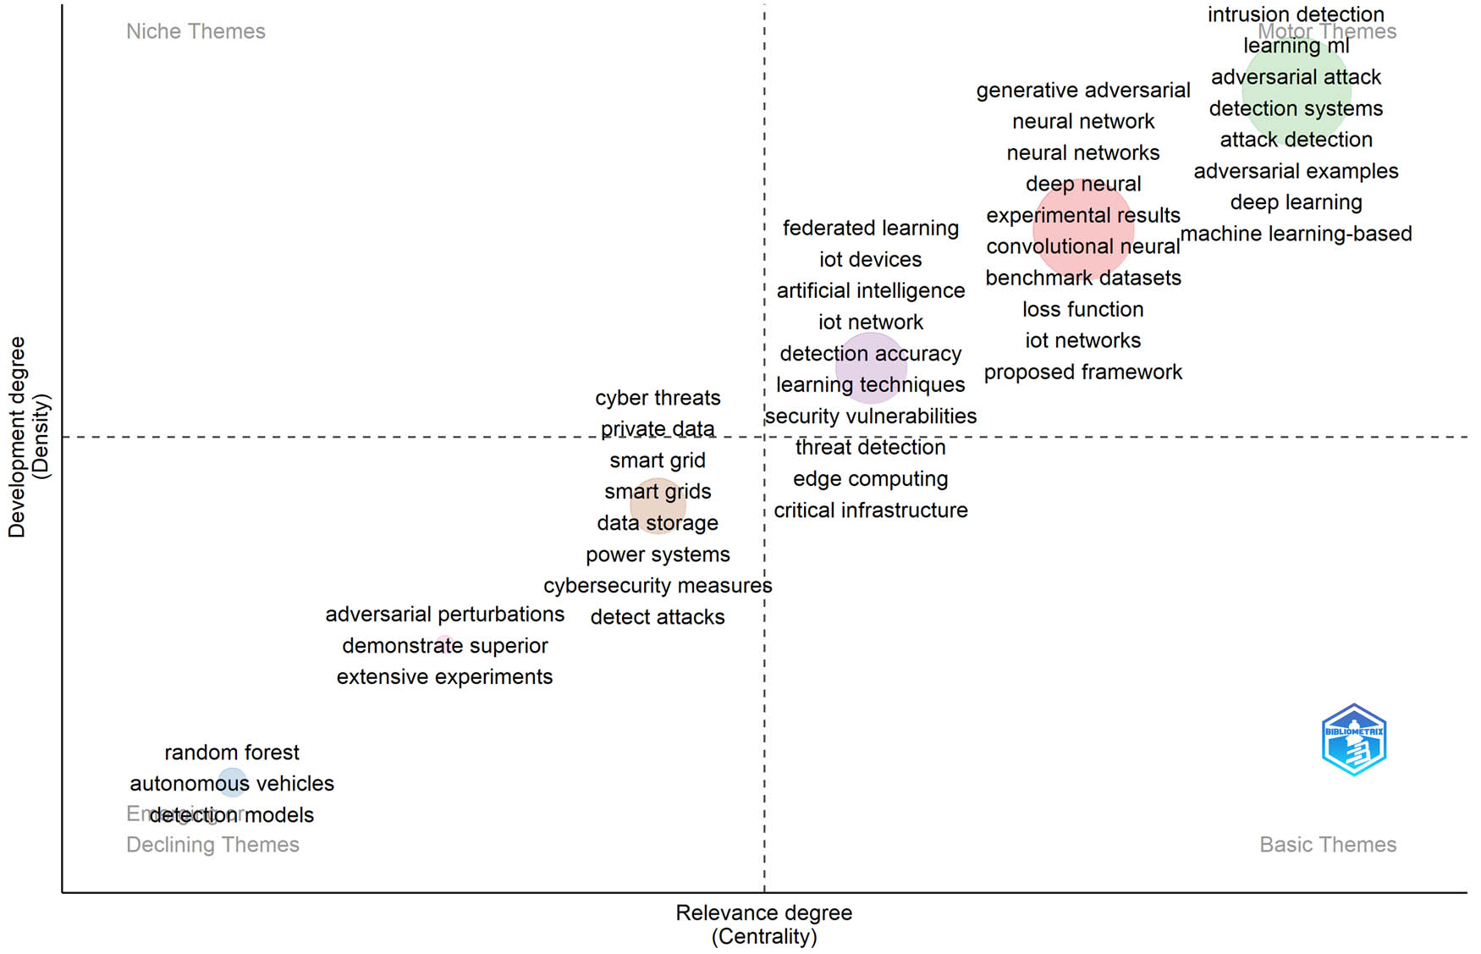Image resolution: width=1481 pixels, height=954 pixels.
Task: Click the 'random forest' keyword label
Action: pyautogui.click(x=232, y=753)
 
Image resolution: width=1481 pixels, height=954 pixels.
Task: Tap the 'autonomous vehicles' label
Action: pyautogui.click(x=232, y=784)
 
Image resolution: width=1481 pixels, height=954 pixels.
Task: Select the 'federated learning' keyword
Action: pyautogui.click(x=871, y=229)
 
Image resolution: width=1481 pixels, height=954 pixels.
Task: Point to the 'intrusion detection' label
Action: pyautogui.click(x=1296, y=14)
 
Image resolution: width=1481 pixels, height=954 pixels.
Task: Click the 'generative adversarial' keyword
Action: pyautogui.click(x=1083, y=91)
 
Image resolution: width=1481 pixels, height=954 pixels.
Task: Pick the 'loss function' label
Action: pyautogui.click(x=1083, y=310)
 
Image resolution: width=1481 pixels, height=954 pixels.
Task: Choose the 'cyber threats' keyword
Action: pyautogui.click(x=658, y=398)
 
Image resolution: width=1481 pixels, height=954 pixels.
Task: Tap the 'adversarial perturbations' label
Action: pyautogui.click(x=444, y=615)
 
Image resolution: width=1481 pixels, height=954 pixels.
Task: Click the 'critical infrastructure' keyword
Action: pyautogui.click(x=871, y=510)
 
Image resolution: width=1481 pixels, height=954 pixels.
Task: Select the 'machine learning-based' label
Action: pyautogui.click(x=1296, y=234)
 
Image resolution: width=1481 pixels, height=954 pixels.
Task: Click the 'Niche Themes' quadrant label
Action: pyautogui.click(x=195, y=31)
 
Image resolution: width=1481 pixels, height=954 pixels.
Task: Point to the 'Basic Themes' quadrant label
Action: pyautogui.click(x=1328, y=845)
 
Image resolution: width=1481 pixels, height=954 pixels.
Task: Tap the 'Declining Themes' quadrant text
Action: pyautogui.click(x=212, y=845)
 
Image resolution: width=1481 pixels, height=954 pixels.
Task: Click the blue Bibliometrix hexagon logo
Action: pyautogui.click(x=1354, y=740)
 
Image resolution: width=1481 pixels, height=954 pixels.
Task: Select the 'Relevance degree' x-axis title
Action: pyautogui.click(x=763, y=913)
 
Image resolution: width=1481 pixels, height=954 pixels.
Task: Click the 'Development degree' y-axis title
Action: pyautogui.click(x=17, y=437)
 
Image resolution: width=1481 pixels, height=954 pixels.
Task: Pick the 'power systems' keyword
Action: pyautogui.click(x=658, y=554)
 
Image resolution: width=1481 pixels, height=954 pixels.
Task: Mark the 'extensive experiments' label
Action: pyautogui.click(x=444, y=677)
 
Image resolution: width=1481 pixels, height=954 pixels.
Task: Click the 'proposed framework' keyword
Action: pyautogui.click(x=1083, y=372)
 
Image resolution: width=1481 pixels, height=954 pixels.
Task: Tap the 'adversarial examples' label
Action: pyautogui.click(x=1296, y=171)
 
